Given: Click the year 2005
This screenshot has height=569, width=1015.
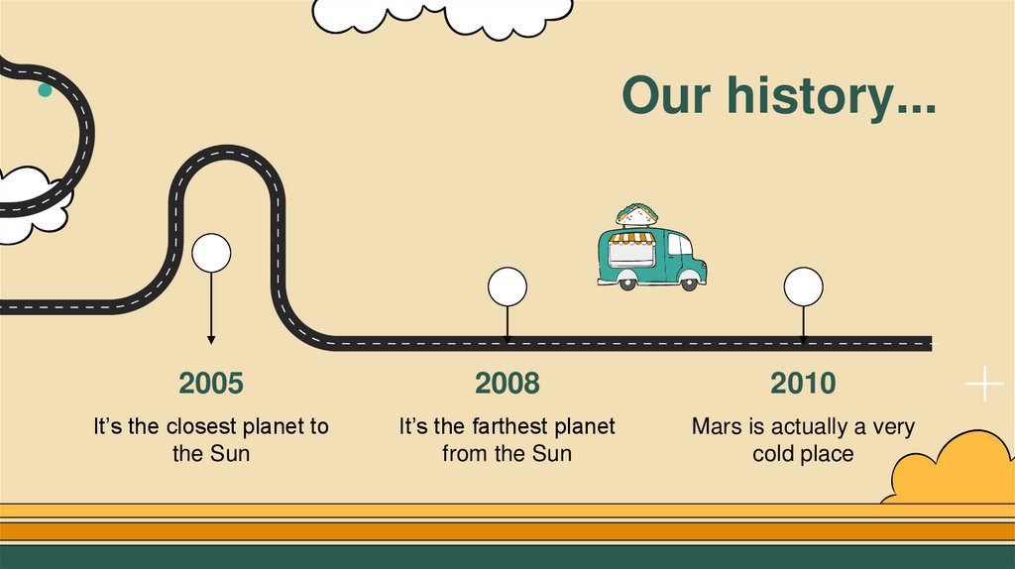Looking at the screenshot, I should click(210, 383).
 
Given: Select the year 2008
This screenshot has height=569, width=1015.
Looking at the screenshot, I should click(507, 383).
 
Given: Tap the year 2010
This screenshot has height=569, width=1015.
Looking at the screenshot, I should click(803, 383).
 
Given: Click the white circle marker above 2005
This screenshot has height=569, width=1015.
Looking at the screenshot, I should click(211, 253).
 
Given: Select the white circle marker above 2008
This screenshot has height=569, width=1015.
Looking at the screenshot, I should click(507, 286).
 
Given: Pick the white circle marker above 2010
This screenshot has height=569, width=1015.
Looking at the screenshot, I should click(803, 286).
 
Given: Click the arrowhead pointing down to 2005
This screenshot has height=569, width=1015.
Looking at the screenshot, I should click(211, 339).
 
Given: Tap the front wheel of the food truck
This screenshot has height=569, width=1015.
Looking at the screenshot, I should click(689, 284).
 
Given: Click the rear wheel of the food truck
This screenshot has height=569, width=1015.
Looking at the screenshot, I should click(626, 284).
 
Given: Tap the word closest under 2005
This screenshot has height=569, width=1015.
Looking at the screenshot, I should click(198, 427).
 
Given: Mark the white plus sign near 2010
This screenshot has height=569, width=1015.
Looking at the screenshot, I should click(984, 384).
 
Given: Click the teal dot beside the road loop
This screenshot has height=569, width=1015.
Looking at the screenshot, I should click(45, 90).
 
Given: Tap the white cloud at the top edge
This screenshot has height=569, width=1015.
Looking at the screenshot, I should click(441, 12).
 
